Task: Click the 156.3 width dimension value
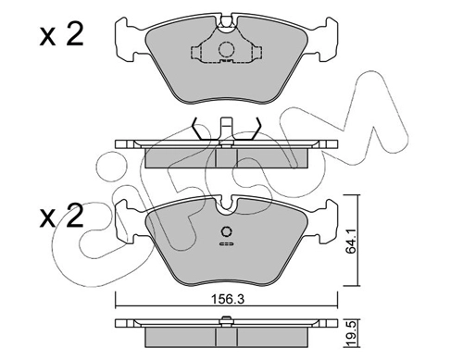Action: (x=228, y=299)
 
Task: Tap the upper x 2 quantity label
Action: (x=62, y=35)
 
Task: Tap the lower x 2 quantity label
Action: (x=62, y=216)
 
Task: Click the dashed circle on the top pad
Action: (x=227, y=49)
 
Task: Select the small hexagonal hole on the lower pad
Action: (x=226, y=232)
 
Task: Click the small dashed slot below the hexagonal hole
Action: (x=226, y=244)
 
